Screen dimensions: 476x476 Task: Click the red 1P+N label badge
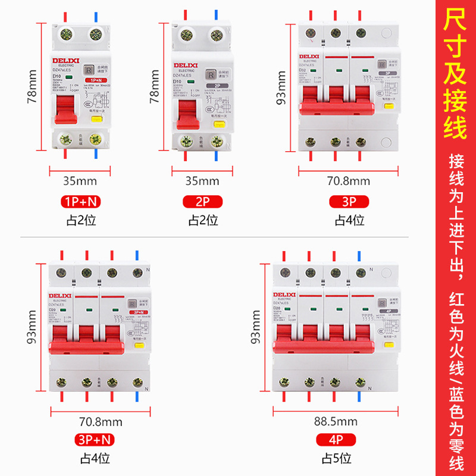pyautogui.click(x=80, y=202)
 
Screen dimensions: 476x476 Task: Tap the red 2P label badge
pyautogui.click(x=203, y=202)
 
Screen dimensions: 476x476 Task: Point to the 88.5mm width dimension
pyautogui.click(x=336, y=422)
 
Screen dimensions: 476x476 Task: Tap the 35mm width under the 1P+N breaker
pyautogui.click(x=80, y=181)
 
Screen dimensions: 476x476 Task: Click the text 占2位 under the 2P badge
pyautogui.click(x=203, y=220)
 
